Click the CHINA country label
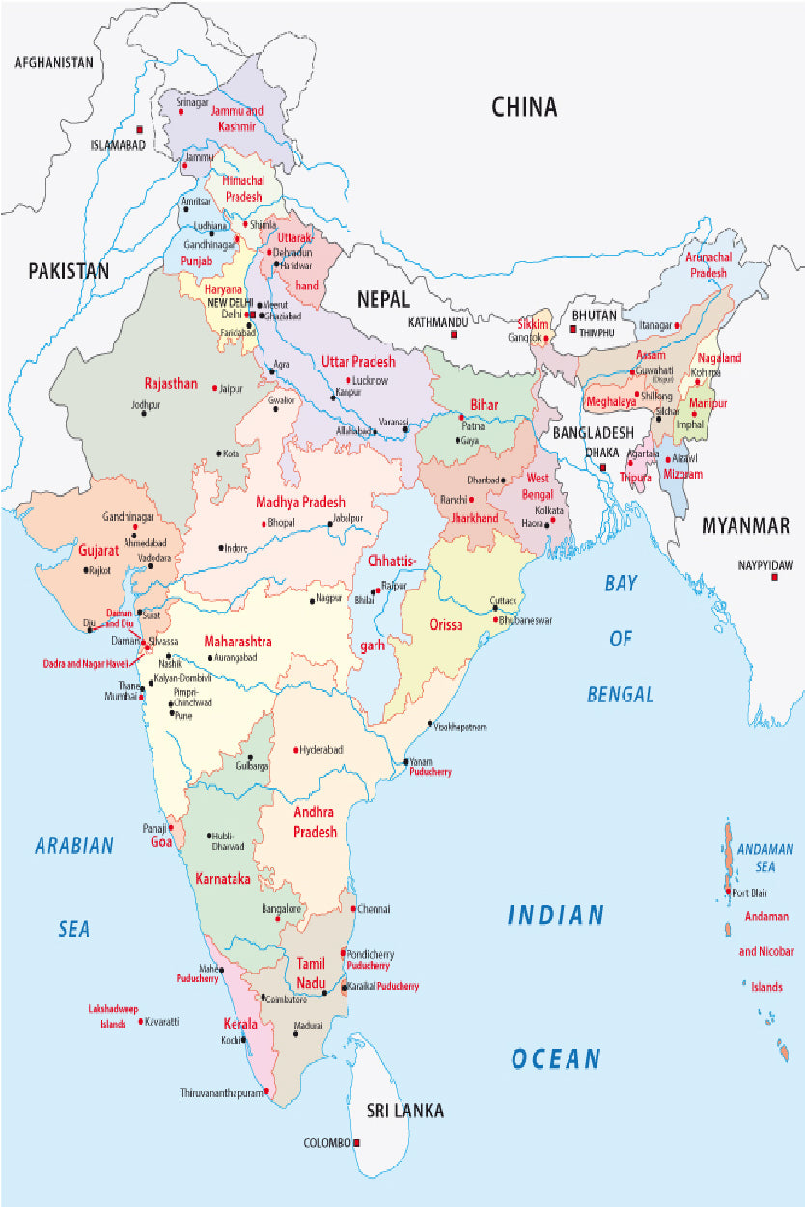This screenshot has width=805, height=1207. (x=524, y=107)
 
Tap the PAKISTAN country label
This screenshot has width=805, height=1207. (x=69, y=271)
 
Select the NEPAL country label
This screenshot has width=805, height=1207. (x=383, y=299)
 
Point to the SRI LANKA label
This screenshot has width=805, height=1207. (x=405, y=1111)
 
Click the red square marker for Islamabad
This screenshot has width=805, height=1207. (x=140, y=129)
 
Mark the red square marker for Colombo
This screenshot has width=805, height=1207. (x=357, y=1142)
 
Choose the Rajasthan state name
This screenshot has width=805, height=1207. (x=171, y=383)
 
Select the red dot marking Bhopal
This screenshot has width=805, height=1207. (x=263, y=523)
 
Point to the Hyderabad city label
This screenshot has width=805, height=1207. (x=321, y=749)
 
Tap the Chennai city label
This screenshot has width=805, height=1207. (x=375, y=909)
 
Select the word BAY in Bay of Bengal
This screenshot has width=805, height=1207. (x=623, y=584)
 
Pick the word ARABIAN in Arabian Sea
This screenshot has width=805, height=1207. (x=74, y=846)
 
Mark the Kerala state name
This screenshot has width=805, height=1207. (x=240, y=1024)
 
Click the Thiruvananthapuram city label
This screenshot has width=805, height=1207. (x=221, y=1093)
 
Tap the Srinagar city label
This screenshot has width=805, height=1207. (x=190, y=101)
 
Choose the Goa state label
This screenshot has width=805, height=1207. (x=160, y=842)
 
